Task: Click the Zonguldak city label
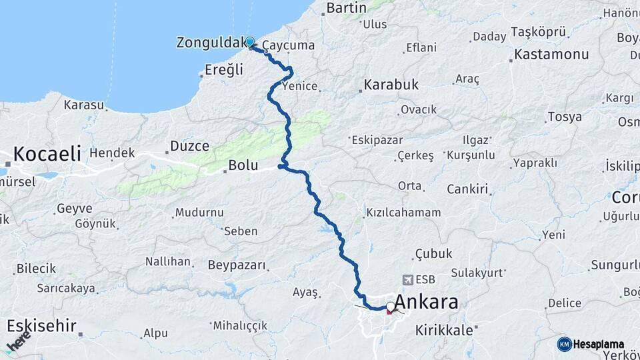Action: tap(209, 43)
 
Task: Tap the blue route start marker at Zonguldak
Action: tap(250, 42)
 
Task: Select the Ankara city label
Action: tap(427, 303)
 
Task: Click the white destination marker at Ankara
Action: tap(390, 307)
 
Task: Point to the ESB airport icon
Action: tap(408, 280)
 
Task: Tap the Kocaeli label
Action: tap(47, 154)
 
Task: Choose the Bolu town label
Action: tap(243, 165)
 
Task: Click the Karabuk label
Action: tap(391, 85)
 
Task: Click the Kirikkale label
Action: tap(444, 330)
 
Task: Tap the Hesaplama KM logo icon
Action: tap(564, 344)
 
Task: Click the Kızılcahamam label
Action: tap(403, 213)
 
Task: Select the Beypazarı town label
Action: tap(237, 265)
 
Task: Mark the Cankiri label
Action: tap(468, 189)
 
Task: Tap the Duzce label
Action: tap(189, 146)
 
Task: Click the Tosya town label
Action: tap(564, 117)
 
